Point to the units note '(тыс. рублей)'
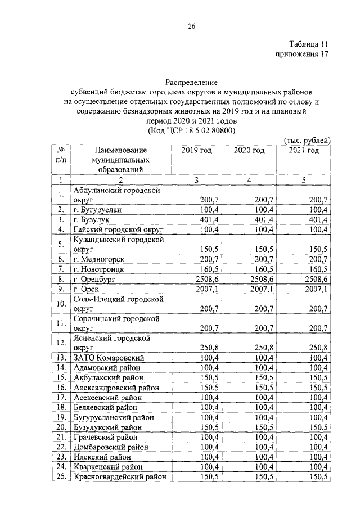pyautogui.click(x=305, y=140)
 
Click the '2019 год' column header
pyautogui.click(x=196, y=150)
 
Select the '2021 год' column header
pyautogui.click(x=304, y=150)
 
